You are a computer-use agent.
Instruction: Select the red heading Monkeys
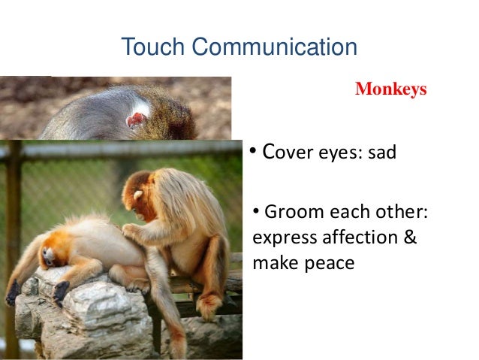click(x=390, y=90)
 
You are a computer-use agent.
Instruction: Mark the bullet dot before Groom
click(x=257, y=212)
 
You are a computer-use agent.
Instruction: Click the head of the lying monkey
click(x=50, y=256)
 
